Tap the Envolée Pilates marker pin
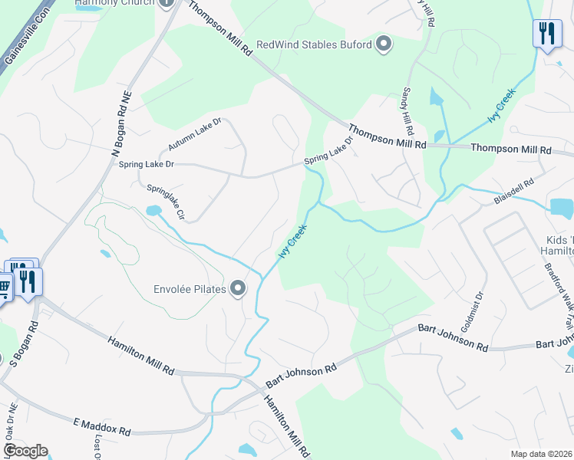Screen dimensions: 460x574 pos(239,288)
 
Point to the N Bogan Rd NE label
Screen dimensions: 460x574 pos(121,123)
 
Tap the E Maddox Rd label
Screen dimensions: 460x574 pos(102,427)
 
